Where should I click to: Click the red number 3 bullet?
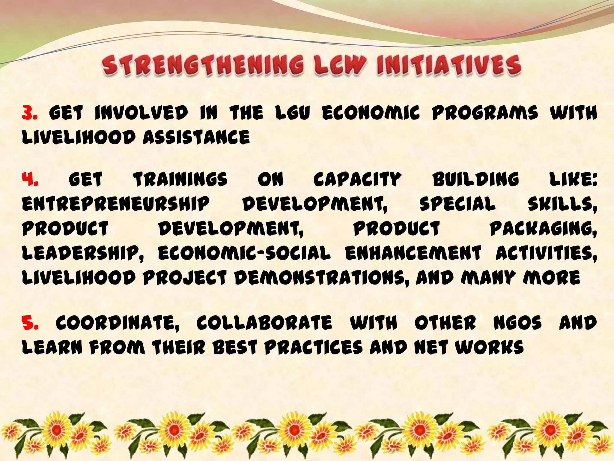(30, 113)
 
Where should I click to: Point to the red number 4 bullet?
(30, 179)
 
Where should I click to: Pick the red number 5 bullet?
(30, 323)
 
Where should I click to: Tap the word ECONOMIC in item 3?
(371, 113)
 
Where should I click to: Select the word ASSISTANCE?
(196, 137)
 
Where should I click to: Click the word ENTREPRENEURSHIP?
(116, 204)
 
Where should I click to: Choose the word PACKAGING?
(543, 229)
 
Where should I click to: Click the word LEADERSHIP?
(83, 253)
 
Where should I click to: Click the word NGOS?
(517, 323)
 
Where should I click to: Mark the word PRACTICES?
(314, 348)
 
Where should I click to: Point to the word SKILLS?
(562, 204)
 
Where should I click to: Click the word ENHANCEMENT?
(413, 253)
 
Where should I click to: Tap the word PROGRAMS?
(485, 113)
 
